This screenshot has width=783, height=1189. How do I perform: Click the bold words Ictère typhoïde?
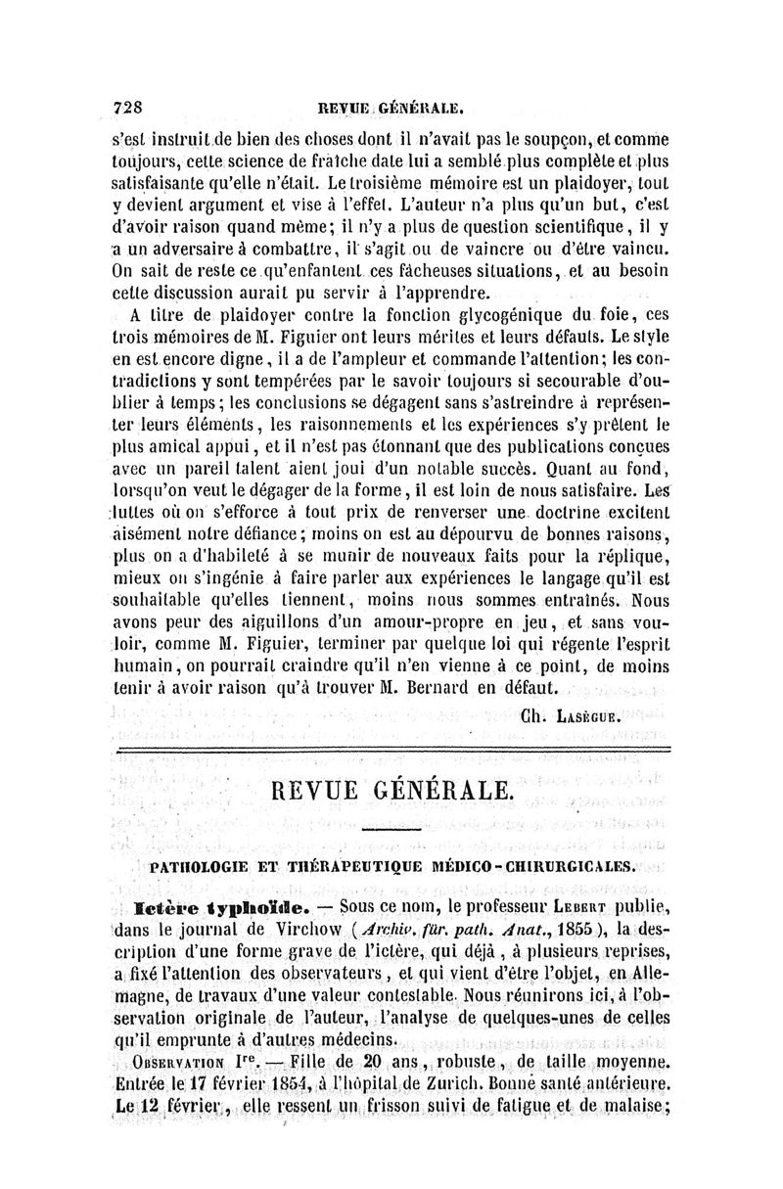click(196, 895)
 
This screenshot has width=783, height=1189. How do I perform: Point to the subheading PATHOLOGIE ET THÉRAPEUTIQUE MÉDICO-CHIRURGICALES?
click(390, 866)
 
